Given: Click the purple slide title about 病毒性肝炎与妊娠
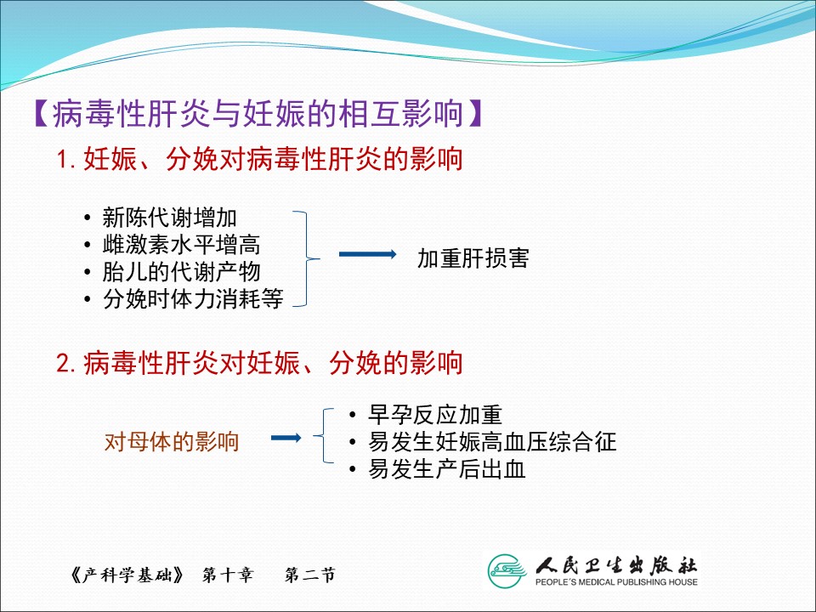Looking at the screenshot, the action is [x=258, y=113].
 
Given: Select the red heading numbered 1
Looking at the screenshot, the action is [x=259, y=159].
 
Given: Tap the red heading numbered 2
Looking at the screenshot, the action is [x=259, y=363].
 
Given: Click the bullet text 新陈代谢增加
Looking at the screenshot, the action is [x=170, y=218].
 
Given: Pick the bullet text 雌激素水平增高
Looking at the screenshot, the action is [x=181, y=245].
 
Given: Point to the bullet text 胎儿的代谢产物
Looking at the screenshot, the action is [x=181, y=272].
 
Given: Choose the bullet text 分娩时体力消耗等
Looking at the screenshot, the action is [x=193, y=298].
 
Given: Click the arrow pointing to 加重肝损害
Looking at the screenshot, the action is [x=367, y=254].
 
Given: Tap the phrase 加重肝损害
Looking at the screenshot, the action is [x=473, y=258].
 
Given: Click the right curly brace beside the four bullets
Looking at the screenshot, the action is [x=306, y=258].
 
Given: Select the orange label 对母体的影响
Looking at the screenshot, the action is [x=171, y=442].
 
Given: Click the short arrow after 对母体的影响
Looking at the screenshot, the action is [x=286, y=438].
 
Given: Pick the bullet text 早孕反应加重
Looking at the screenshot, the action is [x=435, y=415].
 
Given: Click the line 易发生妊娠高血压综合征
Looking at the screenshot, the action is [x=492, y=442].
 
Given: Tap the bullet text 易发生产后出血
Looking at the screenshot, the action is [x=446, y=469].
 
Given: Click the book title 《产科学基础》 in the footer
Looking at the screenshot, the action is [x=127, y=575].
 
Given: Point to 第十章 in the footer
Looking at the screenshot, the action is [x=228, y=575].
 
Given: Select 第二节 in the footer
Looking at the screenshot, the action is [x=310, y=575].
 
